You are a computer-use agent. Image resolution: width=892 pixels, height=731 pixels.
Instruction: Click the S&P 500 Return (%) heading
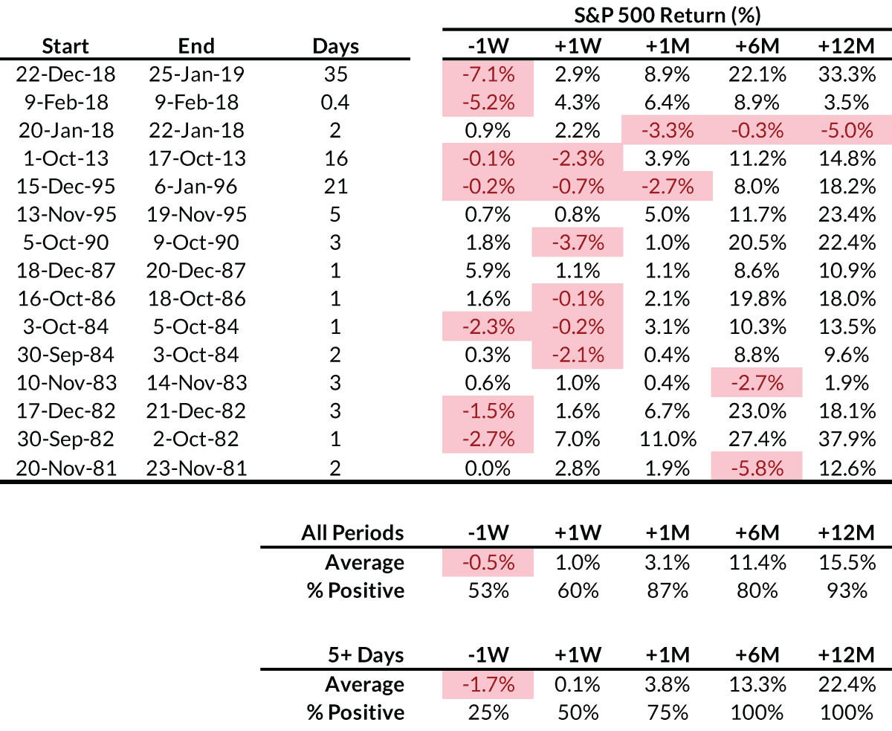tap(666, 14)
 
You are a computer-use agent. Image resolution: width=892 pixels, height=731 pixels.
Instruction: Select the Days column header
tap(335, 46)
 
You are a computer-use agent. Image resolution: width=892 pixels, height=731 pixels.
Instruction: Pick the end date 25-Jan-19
tap(197, 74)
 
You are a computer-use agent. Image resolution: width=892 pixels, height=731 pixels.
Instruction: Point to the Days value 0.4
tap(335, 103)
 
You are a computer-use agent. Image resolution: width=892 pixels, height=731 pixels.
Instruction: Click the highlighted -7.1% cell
tap(488, 74)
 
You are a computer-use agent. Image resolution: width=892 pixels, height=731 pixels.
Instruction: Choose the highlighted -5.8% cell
tap(756, 467)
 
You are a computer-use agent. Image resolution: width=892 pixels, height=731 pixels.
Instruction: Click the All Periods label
tap(352, 533)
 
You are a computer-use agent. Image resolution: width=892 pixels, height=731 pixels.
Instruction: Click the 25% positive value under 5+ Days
tap(488, 712)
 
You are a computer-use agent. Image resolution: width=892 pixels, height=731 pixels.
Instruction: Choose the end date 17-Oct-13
tap(197, 158)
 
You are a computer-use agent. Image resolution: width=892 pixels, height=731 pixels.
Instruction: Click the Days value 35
tap(335, 74)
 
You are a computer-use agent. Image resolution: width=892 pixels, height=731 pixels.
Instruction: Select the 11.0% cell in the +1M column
tap(666, 439)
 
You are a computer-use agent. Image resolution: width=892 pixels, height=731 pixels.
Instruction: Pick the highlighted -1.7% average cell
tap(488, 684)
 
